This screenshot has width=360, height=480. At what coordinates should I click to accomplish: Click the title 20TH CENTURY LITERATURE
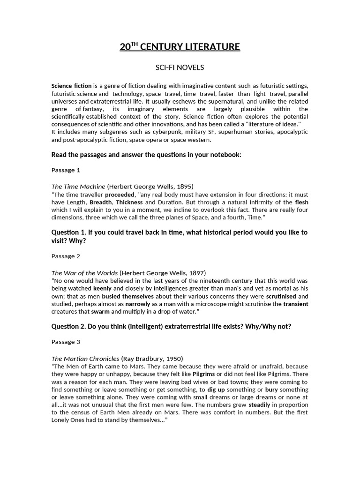[x=180, y=47]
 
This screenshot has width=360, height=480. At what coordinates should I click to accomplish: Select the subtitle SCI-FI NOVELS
[x=180, y=67]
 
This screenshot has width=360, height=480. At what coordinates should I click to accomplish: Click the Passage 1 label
[x=66, y=170]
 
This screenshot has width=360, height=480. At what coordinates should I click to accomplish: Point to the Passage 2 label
[x=66, y=256]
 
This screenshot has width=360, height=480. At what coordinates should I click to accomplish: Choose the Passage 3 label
[x=66, y=342]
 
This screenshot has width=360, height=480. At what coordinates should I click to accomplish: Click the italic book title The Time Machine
[x=78, y=187]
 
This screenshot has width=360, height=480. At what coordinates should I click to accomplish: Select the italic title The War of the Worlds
[x=84, y=273]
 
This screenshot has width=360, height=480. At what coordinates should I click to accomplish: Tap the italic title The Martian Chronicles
[x=85, y=359]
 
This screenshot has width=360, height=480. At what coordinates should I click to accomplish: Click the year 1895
[x=183, y=187]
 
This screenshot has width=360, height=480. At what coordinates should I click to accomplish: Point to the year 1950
[x=173, y=359]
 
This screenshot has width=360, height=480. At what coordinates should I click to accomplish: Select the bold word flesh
[x=301, y=202]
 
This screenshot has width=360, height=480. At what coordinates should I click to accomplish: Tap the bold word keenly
[x=103, y=288]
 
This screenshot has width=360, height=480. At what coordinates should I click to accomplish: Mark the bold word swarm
[x=100, y=312]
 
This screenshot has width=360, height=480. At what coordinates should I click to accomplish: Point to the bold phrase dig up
[x=216, y=390]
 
